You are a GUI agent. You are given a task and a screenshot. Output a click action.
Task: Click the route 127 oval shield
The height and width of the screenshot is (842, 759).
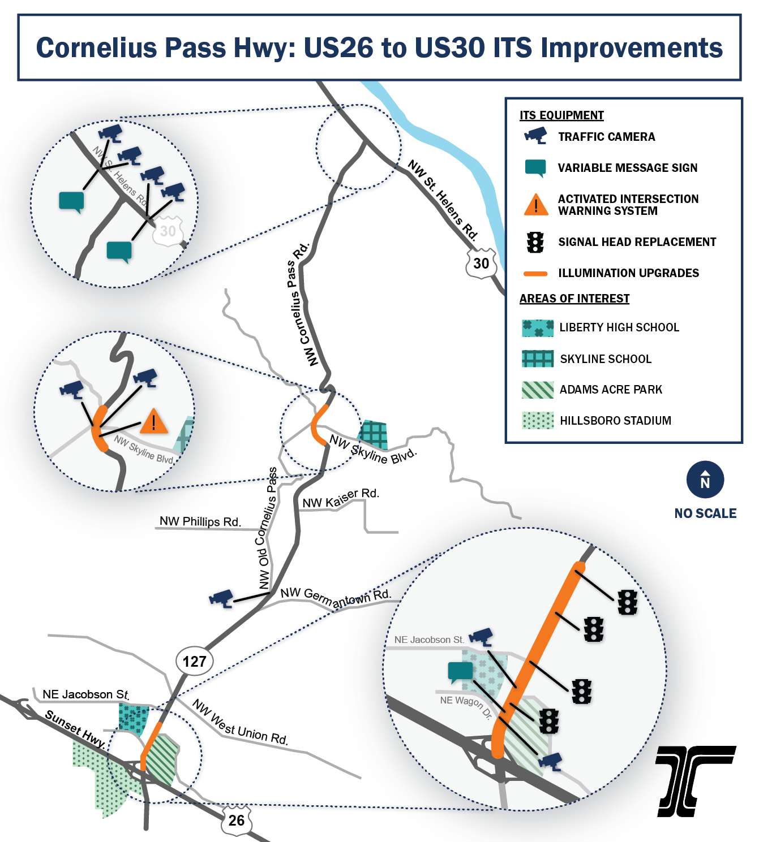[194, 661]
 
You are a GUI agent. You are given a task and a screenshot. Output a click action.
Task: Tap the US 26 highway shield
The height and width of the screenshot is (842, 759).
[236, 820]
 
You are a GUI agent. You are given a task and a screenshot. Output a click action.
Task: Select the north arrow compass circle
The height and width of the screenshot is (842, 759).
[705, 480]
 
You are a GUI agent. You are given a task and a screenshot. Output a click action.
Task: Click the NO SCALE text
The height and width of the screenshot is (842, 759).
[705, 513]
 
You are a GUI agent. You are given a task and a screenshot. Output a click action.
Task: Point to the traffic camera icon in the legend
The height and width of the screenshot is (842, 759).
[535, 136]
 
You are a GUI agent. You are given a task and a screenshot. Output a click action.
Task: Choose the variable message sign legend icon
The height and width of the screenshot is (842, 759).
[535, 167]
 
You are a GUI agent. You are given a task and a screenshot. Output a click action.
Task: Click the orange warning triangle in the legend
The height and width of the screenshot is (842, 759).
[535, 205]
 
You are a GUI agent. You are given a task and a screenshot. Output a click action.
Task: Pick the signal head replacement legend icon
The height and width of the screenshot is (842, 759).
[535, 242]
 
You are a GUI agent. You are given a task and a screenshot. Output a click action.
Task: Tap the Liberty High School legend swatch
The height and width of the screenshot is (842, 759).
[538, 328]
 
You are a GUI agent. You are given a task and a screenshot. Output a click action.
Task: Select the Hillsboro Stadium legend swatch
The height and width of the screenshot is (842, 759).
[538, 421]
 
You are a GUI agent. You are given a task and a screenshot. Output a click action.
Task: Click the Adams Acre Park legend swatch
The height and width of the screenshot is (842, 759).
[538, 390]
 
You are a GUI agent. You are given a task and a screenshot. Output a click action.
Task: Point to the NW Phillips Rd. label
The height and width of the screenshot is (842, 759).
[200, 521]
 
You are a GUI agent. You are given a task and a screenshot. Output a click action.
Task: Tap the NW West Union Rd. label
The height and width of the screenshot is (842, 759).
[240, 723]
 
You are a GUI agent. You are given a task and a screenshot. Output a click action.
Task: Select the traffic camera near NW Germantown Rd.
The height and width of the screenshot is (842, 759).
[221, 598]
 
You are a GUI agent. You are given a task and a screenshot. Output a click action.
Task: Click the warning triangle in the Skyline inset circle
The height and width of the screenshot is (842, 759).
[153, 421]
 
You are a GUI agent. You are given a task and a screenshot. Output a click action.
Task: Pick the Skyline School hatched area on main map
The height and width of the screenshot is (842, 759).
[374, 434]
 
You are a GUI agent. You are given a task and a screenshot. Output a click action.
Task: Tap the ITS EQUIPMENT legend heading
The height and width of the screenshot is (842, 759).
[561, 115]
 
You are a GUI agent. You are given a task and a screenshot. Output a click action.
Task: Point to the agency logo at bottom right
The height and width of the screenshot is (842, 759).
[696, 781]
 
